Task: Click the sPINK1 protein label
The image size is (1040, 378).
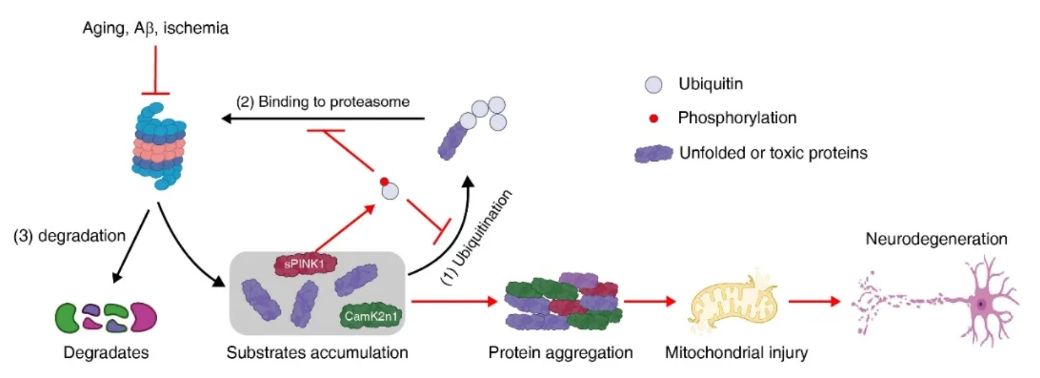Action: click(x=304, y=264)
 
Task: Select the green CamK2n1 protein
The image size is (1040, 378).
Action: click(x=370, y=316)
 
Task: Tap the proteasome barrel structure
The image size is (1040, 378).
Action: click(x=158, y=146)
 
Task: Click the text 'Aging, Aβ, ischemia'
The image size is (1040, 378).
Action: click(x=155, y=28)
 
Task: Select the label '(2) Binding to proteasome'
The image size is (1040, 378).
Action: click(x=323, y=102)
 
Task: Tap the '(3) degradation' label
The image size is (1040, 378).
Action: click(x=69, y=236)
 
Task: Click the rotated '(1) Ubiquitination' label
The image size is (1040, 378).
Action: click(x=477, y=237)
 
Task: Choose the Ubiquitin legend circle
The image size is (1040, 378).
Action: click(x=654, y=85)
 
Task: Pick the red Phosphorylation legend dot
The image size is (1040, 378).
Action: click(x=653, y=119)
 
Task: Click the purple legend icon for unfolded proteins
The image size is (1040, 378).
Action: click(x=654, y=153)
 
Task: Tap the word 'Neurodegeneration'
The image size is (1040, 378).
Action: click(x=936, y=239)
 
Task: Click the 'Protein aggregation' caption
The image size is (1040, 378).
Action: click(x=561, y=353)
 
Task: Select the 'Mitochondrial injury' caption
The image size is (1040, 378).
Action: click(x=736, y=353)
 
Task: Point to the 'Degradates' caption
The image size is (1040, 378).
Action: click(x=106, y=353)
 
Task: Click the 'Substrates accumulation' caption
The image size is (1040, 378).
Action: click(x=317, y=353)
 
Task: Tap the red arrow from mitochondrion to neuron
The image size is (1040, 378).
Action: click(x=814, y=301)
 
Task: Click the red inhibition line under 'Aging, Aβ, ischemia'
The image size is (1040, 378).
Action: click(x=155, y=70)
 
